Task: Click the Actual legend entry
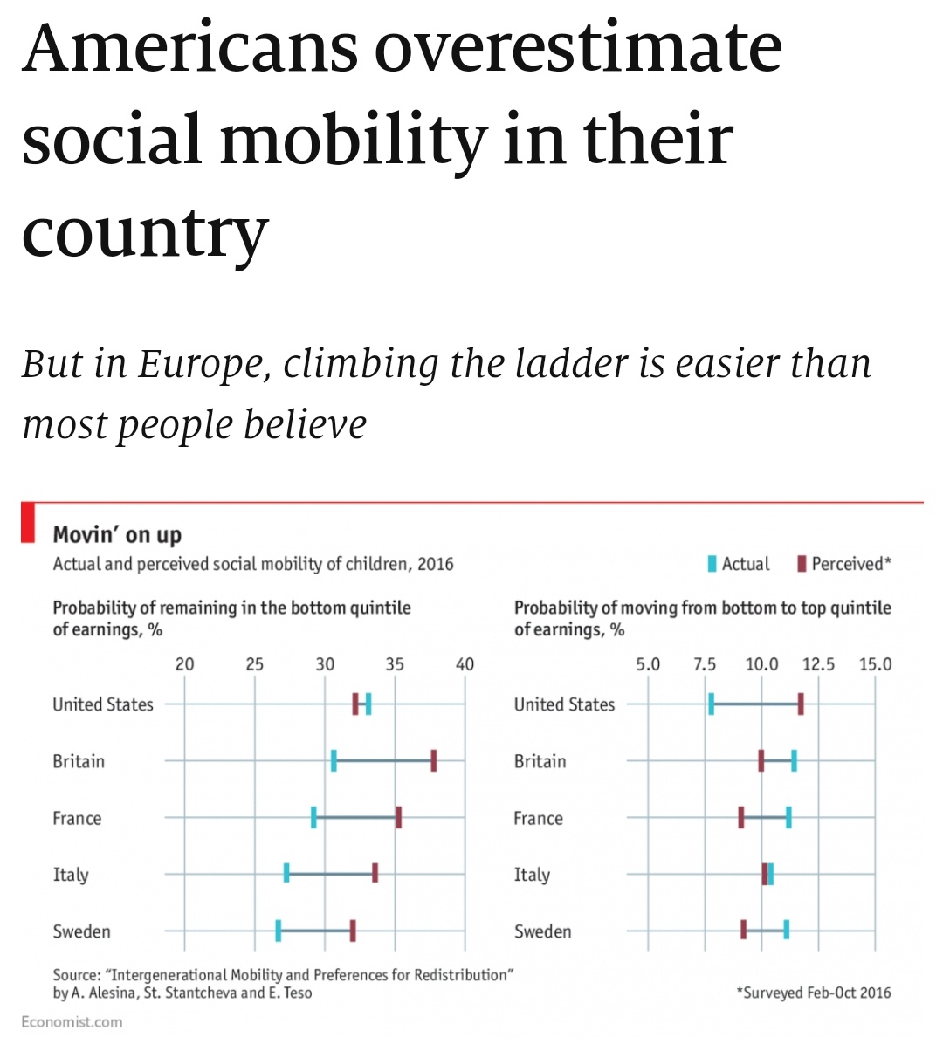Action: [x=739, y=564]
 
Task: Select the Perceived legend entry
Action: [x=843, y=564]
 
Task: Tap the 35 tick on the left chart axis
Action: [x=395, y=664]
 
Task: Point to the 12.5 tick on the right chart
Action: [x=818, y=664]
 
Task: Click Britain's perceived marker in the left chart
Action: [x=434, y=760]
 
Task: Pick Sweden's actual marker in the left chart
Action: [x=279, y=931]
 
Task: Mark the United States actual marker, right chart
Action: [x=712, y=704]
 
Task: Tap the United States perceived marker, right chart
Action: [x=801, y=704]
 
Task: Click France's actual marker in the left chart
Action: [x=313, y=817]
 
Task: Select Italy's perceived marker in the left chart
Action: [x=375, y=873]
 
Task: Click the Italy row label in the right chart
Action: [x=532, y=875]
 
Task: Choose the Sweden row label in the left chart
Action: [x=81, y=931]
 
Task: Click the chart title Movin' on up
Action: [x=117, y=534]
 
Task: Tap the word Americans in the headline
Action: [x=190, y=48]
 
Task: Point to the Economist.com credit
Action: [x=72, y=1021]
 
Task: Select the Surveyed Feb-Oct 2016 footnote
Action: [x=814, y=993]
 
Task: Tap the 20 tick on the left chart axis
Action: [x=184, y=664]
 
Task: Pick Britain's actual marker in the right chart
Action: [x=794, y=760]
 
